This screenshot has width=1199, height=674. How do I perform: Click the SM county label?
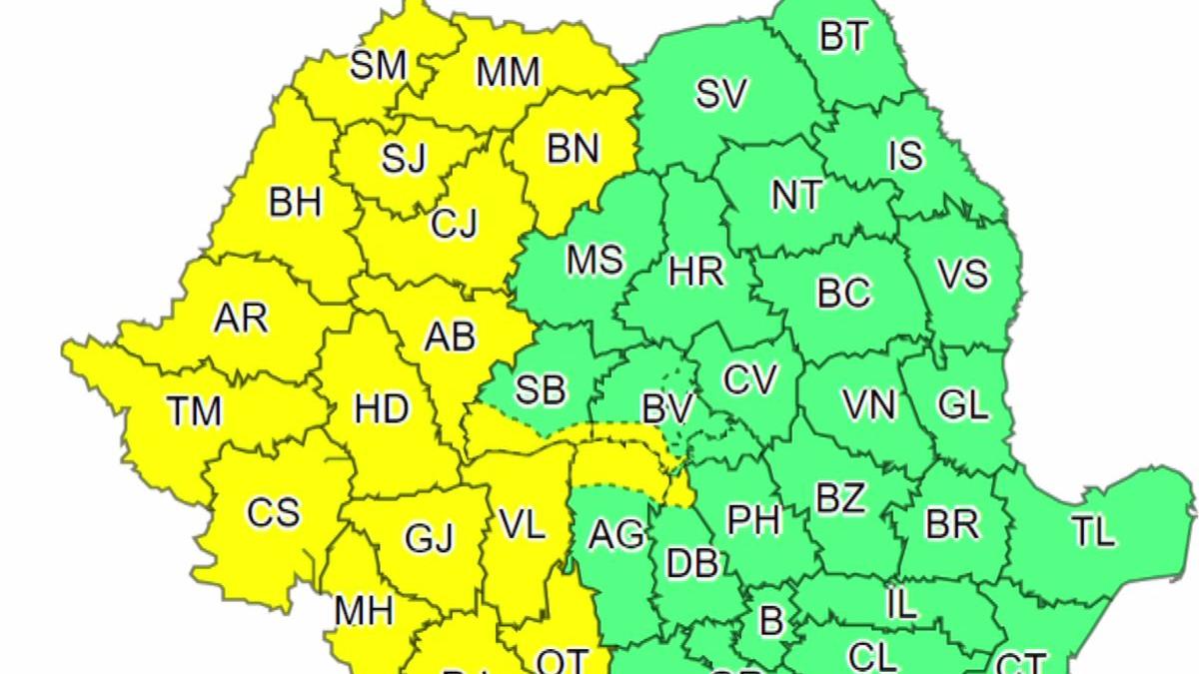click(x=379, y=66)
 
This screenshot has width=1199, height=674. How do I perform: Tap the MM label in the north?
click(x=508, y=72)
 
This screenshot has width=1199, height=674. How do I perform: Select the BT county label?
click(x=844, y=38)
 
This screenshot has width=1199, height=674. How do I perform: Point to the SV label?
click(x=721, y=94)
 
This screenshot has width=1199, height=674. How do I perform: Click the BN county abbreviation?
click(x=573, y=149)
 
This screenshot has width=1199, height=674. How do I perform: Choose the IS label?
click(x=906, y=156)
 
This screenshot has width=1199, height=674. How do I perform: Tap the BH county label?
click(x=296, y=203)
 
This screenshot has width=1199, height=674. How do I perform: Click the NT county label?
click(x=797, y=196)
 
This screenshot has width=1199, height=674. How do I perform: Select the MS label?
click(x=595, y=261)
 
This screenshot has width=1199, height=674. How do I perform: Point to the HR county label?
click(x=696, y=271)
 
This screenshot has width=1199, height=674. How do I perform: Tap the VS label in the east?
click(x=963, y=274)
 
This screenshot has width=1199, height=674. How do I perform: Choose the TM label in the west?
click(x=194, y=409)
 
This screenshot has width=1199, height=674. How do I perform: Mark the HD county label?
click(x=382, y=407)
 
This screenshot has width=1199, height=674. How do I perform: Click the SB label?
click(x=540, y=389)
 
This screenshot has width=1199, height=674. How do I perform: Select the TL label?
click(x=1093, y=532)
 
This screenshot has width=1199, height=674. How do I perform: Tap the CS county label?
click(x=274, y=512)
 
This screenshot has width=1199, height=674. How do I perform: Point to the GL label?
click(x=962, y=404)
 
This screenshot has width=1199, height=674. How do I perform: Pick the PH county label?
click(x=753, y=519)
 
